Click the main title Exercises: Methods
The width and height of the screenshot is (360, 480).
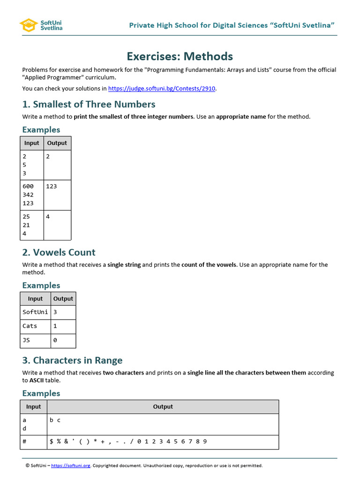[180, 56]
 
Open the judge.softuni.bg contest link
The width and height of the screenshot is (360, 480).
[162, 88]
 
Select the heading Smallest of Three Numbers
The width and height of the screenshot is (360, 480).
[89, 104]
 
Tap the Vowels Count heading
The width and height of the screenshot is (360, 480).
[59, 252]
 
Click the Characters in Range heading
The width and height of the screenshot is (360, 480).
[72, 360]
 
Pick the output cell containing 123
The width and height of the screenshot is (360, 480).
[52, 186]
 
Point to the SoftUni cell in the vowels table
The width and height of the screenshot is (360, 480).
[35, 312]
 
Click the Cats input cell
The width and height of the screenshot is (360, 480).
[30, 326]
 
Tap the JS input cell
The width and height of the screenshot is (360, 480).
[26, 340]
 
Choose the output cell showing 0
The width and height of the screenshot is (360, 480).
[55, 340]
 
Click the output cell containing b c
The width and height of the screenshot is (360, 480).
[55, 420]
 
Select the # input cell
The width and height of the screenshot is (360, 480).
[24, 442]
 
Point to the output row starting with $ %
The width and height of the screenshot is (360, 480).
[128, 442]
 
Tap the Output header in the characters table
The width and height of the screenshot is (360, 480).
[163, 407]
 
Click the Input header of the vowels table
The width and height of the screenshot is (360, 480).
[35, 299]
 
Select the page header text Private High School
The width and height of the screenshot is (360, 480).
[232, 25]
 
